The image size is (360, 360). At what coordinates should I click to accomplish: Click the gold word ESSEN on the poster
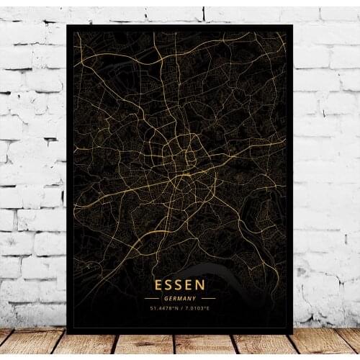(179, 286)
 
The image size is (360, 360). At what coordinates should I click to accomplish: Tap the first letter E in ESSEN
(158, 286)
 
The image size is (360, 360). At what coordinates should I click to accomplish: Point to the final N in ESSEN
(201, 286)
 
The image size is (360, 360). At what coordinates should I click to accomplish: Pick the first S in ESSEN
(168, 286)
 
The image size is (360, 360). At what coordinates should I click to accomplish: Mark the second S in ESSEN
(179, 286)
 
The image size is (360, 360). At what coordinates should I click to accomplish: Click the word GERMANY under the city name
(179, 298)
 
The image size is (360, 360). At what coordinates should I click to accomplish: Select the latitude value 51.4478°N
(163, 309)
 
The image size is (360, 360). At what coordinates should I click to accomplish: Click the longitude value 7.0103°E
(195, 309)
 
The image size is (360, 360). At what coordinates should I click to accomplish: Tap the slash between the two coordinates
(179, 309)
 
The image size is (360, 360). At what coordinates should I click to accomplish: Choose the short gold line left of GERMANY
(151, 298)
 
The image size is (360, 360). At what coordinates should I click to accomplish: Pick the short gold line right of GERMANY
(208, 298)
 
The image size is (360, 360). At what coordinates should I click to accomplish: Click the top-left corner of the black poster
(67, 26)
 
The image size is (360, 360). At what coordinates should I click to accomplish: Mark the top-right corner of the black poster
(292, 26)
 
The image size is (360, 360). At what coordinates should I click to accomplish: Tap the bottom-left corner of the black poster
(67, 333)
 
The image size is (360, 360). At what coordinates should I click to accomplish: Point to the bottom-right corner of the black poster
(292, 333)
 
